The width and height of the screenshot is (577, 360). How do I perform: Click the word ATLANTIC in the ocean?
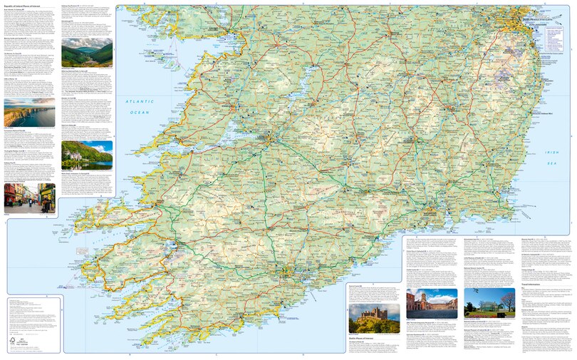(x=135, y=103)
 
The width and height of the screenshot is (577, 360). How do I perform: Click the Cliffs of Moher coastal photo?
(x=29, y=115)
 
